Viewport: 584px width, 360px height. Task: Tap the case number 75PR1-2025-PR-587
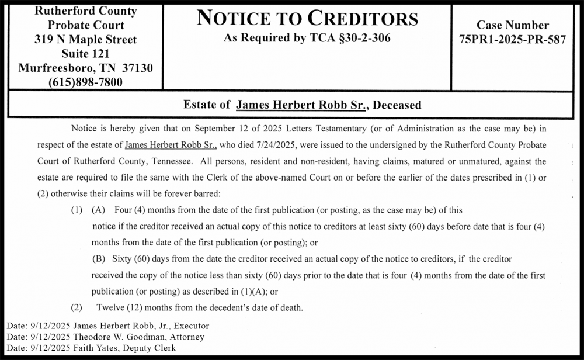pyautogui.click(x=513, y=40)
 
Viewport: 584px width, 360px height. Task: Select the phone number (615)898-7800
pyautogui.click(x=85, y=82)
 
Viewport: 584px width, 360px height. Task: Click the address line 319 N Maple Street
pyautogui.click(x=85, y=40)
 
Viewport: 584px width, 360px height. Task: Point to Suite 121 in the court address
pyautogui.click(x=85, y=54)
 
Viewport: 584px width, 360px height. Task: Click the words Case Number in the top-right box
pyautogui.click(x=513, y=25)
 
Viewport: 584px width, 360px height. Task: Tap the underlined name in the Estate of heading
pyautogui.click(x=301, y=105)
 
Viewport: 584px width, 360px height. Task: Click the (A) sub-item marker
pyautogui.click(x=99, y=209)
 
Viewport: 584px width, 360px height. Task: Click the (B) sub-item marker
pyautogui.click(x=99, y=258)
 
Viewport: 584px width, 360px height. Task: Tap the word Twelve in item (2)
pyautogui.click(x=109, y=307)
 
